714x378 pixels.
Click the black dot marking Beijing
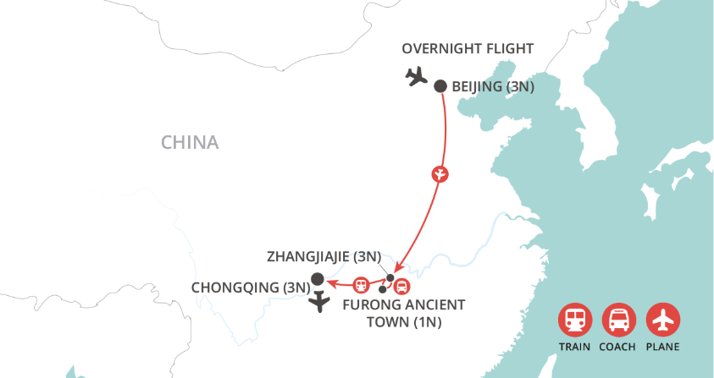[x=440, y=85]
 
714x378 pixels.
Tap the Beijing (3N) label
[x=493, y=86]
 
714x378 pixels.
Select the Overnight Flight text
[x=468, y=48]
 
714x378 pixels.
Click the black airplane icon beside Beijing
[x=416, y=77]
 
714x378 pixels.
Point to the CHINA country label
[x=190, y=142]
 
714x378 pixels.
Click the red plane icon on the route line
[x=440, y=174]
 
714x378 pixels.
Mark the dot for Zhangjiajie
[x=390, y=277]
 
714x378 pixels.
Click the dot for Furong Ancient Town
[x=383, y=289]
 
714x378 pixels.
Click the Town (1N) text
[x=404, y=322]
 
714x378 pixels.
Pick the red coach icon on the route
[x=401, y=286]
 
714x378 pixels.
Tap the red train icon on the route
[x=360, y=284]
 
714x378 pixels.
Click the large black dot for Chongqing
[x=318, y=279]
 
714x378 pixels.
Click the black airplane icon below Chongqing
[x=319, y=303]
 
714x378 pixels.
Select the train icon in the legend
[x=574, y=320]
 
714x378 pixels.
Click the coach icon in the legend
[x=618, y=320]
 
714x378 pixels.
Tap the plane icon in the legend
[x=662, y=320]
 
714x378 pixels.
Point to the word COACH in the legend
[x=618, y=347]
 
